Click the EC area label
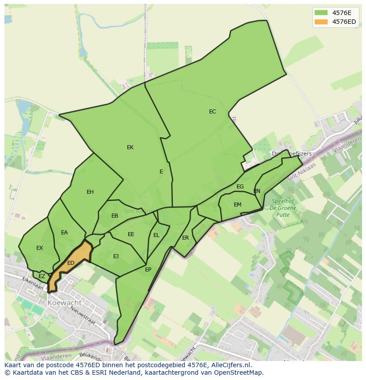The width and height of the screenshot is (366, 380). pyautogui.click(x=213, y=112)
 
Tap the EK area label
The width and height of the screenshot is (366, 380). pyautogui.click(x=130, y=147)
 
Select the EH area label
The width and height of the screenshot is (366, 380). pyautogui.click(x=90, y=192)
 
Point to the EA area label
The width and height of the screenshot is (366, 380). pyautogui.click(x=65, y=233)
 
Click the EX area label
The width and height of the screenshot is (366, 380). pyautogui.click(x=40, y=248)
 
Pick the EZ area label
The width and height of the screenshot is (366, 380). pyautogui.click(x=42, y=276)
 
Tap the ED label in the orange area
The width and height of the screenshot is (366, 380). pyautogui.click(x=71, y=263)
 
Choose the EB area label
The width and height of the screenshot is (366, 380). pyautogui.click(x=115, y=216)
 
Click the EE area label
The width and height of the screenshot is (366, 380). pyautogui.click(x=131, y=234)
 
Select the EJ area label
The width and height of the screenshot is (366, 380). pyautogui.click(x=116, y=256)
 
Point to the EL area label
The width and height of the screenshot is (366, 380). pyautogui.click(x=156, y=235)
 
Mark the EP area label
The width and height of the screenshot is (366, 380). pyautogui.click(x=148, y=269)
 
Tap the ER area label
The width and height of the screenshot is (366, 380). pyautogui.click(x=186, y=238)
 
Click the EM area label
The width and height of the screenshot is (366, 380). pyautogui.click(x=238, y=205)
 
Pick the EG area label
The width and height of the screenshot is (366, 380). pyautogui.click(x=240, y=187)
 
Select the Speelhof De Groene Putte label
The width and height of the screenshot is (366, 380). pyautogui.click(x=283, y=208)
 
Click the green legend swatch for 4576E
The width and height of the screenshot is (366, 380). pyautogui.click(x=321, y=12)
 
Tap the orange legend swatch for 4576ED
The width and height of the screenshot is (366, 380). pyautogui.click(x=321, y=22)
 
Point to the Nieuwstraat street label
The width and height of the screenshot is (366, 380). pyautogui.click(x=84, y=316)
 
